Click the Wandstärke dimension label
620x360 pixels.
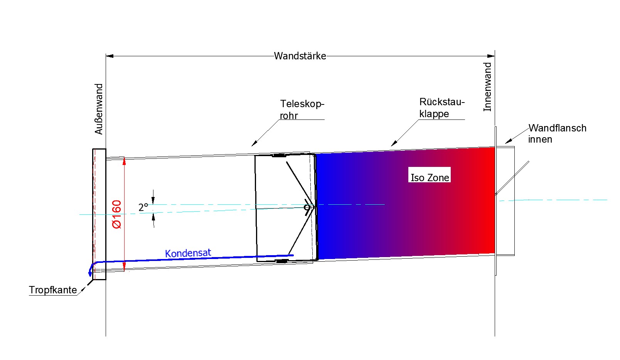coord(300,56)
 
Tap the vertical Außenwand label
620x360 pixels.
coord(99,109)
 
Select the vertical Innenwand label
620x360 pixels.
coord(488,87)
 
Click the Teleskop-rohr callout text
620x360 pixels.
coord(302,109)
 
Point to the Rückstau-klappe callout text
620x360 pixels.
coord(441,108)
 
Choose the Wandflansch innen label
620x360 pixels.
coord(557,133)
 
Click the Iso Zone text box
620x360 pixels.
coord(430,177)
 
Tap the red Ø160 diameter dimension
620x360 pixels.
coord(116,214)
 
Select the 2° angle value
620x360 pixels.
coord(143,207)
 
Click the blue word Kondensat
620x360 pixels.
coord(188,253)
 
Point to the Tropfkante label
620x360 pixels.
coord(53,290)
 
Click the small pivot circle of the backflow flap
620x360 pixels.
coord(307,208)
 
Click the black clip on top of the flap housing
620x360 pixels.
coord(279,155)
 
